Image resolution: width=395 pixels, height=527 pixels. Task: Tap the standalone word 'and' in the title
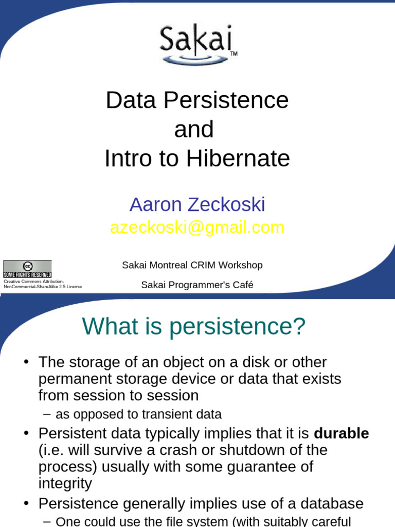(194, 129)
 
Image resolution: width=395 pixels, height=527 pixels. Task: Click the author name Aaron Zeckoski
(197, 205)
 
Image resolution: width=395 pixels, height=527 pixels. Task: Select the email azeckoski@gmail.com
(197, 227)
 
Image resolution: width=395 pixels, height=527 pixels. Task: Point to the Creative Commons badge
(27, 269)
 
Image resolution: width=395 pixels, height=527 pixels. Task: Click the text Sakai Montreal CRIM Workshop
(192, 265)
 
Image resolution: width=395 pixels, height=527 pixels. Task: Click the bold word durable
(341, 433)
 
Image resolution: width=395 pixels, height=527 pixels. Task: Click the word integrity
(65, 483)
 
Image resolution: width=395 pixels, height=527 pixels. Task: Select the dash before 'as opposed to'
(48, 414)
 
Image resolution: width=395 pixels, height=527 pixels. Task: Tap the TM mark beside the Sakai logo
(234, 54)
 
